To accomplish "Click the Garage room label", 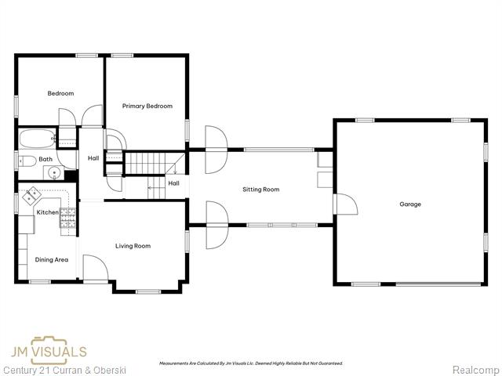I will point(410,204).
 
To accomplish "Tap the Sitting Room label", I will point(260,189).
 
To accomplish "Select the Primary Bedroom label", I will point(147,106).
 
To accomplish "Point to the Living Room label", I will point(133,246).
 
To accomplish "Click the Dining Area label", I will point(51,259).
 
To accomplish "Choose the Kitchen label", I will point(47,212).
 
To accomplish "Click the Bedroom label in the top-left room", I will point(60,93).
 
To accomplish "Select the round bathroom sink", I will point(55,173).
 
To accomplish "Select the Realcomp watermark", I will point(475,368).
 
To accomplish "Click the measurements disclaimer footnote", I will point(251,363).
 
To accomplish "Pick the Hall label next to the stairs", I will point(173,183).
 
